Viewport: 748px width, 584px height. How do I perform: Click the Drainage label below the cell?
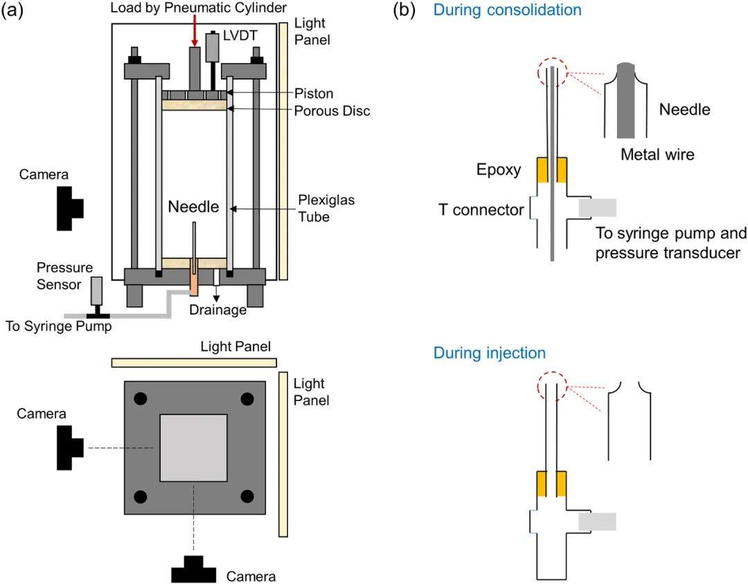pos(218,310)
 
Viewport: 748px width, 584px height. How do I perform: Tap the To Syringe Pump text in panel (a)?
pos(58,325)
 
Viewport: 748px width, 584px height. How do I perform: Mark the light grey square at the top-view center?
pos(194,448)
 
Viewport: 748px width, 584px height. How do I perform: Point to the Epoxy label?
pos(499,169)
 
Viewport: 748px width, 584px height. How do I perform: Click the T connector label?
pos(481,209)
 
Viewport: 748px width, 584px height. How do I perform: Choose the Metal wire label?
pos(657,154)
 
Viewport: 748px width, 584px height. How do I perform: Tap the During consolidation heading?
pos(507,10)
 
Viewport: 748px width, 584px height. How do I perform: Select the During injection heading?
pos(489,353)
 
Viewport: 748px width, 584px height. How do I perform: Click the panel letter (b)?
pos(403,10)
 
